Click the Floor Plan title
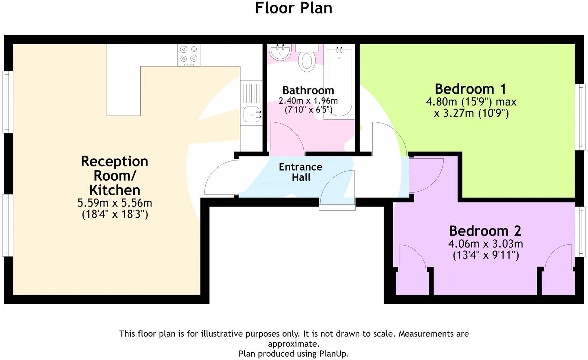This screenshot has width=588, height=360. (x=294, y=8)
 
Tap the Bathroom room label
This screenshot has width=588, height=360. (x=308, y=90)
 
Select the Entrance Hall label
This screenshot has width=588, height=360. (x=301, y=172)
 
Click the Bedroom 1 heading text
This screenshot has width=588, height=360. (x=470, y=89)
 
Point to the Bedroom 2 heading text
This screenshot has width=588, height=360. (x=485, y=231)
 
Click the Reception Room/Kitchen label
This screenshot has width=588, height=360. (x=115, y=175)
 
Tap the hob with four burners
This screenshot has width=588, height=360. (x=189, y=54)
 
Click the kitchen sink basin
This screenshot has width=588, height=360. (x=251, y=114)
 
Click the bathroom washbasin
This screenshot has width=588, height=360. (x=280, y=52)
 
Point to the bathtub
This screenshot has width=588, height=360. (x=339, y=82)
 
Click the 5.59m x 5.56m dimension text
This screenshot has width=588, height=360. (x=115, y=203)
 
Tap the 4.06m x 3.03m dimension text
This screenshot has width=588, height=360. (x=486, y=244)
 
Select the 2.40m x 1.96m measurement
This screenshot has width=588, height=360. (x=308, y=101)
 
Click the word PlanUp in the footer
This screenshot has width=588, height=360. (x=333, y=353)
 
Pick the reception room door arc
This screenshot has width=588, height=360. (x=219, y=178)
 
